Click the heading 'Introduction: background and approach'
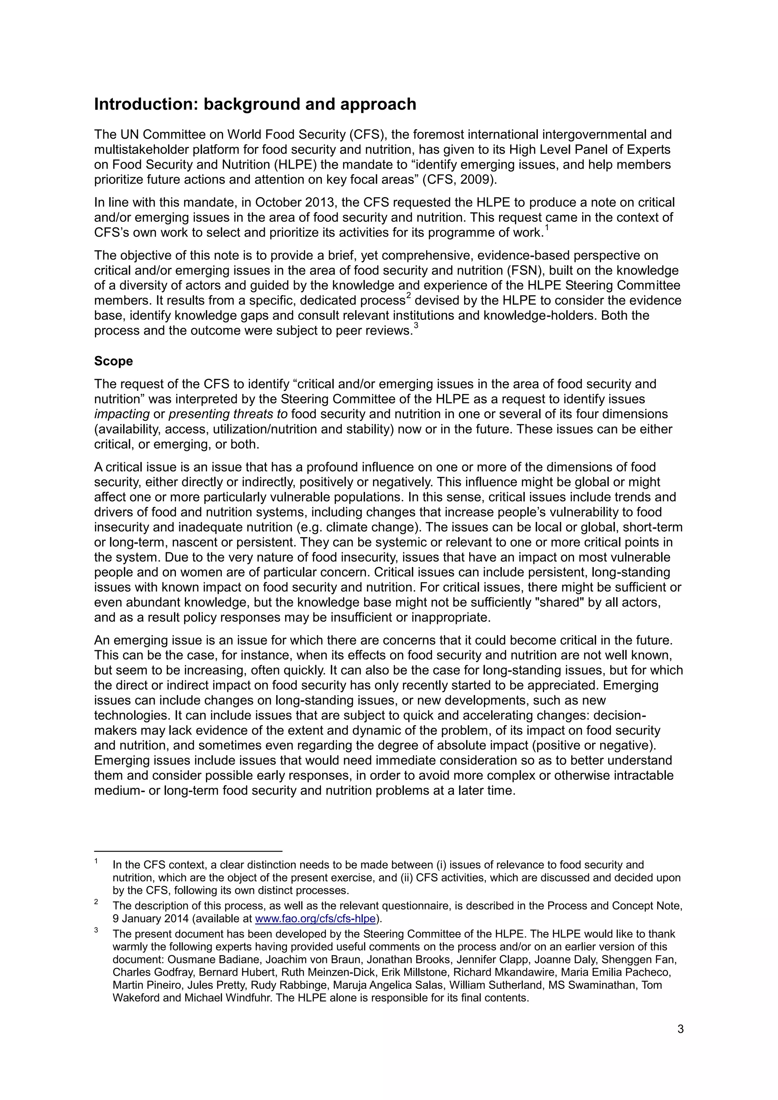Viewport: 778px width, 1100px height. tap(255, 104)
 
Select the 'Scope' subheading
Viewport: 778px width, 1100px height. tap(113, 361)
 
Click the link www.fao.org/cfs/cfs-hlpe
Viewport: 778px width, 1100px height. tap(315, 918)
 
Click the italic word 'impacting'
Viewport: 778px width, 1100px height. tap(122, 414)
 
